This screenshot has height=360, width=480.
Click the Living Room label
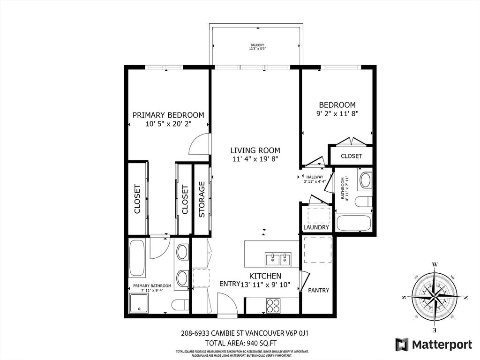pyautogui.click(x=255, y=150)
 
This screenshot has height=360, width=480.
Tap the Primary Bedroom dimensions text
pyautogui.click(x=168, y=124)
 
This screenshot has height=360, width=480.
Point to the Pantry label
pyautogui.click(x=318, y=290)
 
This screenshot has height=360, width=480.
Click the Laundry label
pyautogui.click(x=316, y=227)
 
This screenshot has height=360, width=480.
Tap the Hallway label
pyautogui.click(x=315, y=177)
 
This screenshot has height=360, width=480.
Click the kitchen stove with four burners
pyautogui.click(x=273, y=306)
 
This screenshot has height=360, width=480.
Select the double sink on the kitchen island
pyautogui.click(x=277, y=259)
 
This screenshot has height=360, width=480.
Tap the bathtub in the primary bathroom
pyautogui.click(x=137, y=258)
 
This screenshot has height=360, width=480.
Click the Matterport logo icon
pyautogui.click(x=402, y=345)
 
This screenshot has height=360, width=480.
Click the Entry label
pyautogui.click(x=229, y=284)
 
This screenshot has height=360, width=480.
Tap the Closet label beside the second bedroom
pyautogui.click(x=351, y=156)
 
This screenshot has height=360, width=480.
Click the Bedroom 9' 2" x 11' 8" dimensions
pyautogui.click(x=337, y=113)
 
